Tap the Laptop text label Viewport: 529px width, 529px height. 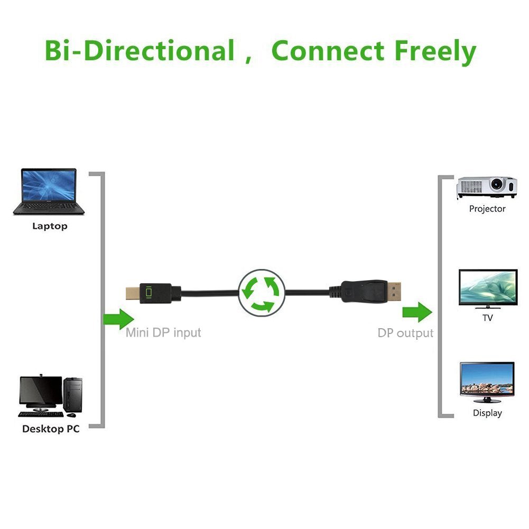pos(50,226)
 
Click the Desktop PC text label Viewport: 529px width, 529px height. pos(51,429)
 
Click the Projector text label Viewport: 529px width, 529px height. pos(487,209)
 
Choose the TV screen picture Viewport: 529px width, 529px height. pos(487,289)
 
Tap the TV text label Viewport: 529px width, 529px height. pos(487,318)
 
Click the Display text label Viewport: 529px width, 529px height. pos(487,413)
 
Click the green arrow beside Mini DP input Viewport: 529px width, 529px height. pos(118,319)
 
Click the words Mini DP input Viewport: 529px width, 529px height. pos(163,333)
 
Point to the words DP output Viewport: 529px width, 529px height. pos(405,333)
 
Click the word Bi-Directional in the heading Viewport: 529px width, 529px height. pos(140,51)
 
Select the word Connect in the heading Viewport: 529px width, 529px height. pos(328,51)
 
